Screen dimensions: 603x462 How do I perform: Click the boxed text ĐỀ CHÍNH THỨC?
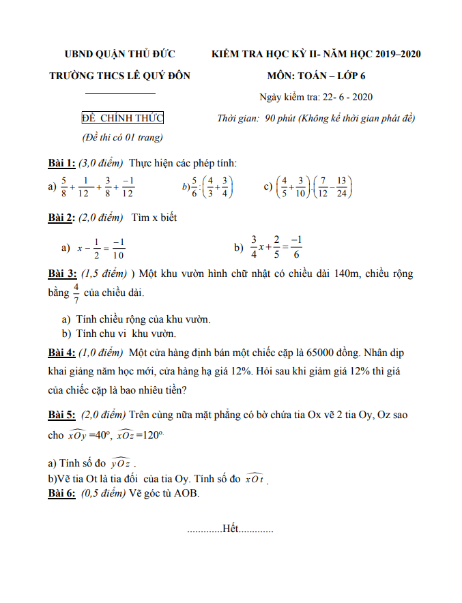[122, 119]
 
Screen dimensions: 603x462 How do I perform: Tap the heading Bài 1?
[61, 163]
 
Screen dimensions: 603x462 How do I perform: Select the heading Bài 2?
[61, 218]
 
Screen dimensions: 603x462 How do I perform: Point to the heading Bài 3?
[62, 274]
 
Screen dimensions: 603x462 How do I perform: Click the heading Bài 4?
[61, 353]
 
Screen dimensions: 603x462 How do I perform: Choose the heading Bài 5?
[61, 415]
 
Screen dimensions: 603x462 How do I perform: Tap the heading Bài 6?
[61, 492]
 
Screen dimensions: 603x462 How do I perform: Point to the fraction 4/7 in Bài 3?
[76, 293]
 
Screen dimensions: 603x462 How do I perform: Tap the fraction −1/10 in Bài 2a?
[119, 249]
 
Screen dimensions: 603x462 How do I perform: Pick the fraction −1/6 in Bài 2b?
[295, 248]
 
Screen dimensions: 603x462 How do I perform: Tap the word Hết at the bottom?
[230, 529]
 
